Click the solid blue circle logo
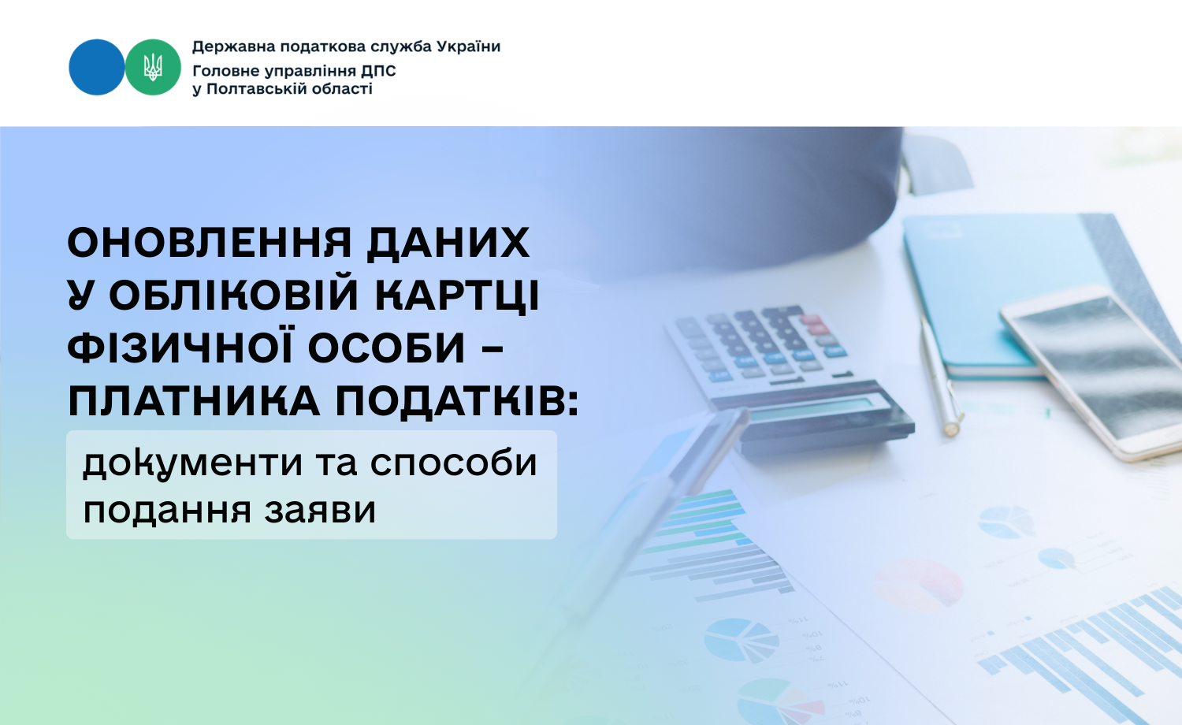click(x=97, y=67)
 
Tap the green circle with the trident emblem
click(x=153, y=67)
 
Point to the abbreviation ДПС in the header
click(x=378, y=71)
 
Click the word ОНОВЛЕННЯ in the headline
click(x=210, y=243)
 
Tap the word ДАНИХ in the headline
click(x=448, y=243)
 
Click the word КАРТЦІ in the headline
click(x=458, y=295)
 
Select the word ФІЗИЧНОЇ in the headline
click(x=180, y=348)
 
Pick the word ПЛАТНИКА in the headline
click(x=194, y=402)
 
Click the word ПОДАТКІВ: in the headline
click(x=457, y=402)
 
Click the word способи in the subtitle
click(x=453, y=463)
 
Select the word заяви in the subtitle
click(x=320, y=510)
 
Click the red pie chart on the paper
click(x=918, y=585)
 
